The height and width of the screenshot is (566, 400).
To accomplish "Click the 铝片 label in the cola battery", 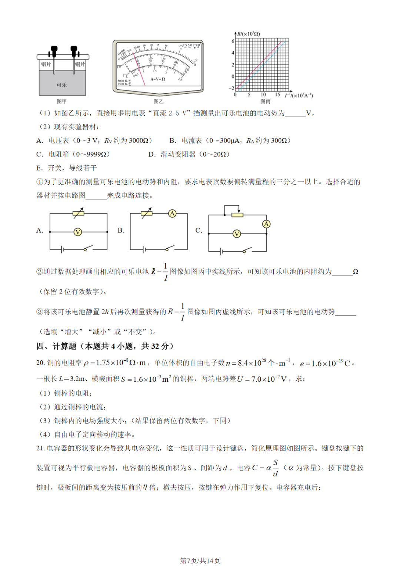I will pos(46,64).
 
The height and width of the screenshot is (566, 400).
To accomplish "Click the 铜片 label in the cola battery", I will pos(80,64).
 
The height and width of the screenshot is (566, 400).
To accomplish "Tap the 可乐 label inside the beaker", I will pos(62,85).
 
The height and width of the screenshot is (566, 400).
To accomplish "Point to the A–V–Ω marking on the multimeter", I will pos(158,79).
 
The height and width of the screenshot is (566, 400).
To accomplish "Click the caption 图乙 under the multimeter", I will pos(158,101).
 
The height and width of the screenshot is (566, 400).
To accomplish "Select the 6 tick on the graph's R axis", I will pos(233,41).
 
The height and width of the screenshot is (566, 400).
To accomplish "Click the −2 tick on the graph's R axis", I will pos(232,88).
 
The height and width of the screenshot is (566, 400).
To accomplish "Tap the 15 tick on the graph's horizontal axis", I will pos(277,95).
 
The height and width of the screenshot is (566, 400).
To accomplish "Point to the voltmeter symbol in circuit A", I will pos(78,232).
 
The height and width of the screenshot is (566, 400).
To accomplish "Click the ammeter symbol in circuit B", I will pos(172,214).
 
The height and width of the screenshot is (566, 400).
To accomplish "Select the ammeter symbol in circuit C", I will pos(266,224).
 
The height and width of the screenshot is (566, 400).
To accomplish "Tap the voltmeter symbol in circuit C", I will pos(237,234).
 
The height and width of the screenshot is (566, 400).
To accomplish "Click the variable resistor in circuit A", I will pos(79,213).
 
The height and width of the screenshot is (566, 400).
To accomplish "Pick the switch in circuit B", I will pos(170,248).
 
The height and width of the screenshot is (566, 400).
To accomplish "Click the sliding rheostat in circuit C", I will pos(237,215).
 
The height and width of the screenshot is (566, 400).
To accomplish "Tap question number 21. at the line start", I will pos(40,448).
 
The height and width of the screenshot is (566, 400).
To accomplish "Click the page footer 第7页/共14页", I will pos(200,560).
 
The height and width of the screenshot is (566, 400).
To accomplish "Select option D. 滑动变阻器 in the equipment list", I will pos(189,154).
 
